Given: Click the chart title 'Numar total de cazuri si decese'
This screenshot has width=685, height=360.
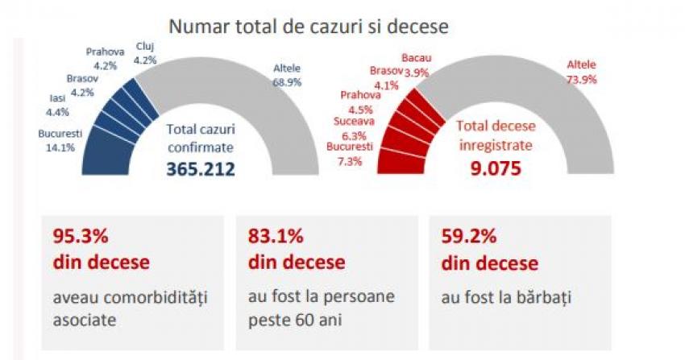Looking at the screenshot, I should [x=308, y=25].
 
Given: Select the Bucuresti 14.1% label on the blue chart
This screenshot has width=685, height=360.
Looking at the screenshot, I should [x=60, y=140].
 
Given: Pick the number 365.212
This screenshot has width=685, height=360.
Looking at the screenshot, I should [x=201, y=169].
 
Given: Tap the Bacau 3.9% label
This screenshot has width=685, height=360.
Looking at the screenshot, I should [x=416, y=65].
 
